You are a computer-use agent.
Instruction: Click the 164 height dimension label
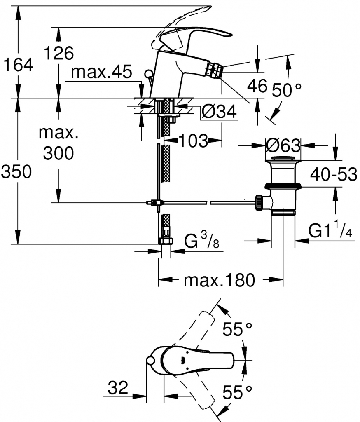coord(17,65)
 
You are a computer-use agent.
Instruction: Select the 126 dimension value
coord(59,53)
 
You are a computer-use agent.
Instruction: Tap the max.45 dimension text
coord(101,73)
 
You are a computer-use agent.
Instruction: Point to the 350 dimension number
coord(16,172)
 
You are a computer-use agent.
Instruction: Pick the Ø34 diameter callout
coord(220,111)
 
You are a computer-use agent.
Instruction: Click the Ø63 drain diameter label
coord(283,145)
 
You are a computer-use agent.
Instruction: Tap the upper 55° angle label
coord(237,329)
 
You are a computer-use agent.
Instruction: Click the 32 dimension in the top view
coord(118,388)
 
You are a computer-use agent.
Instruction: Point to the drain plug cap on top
coord(283,158)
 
